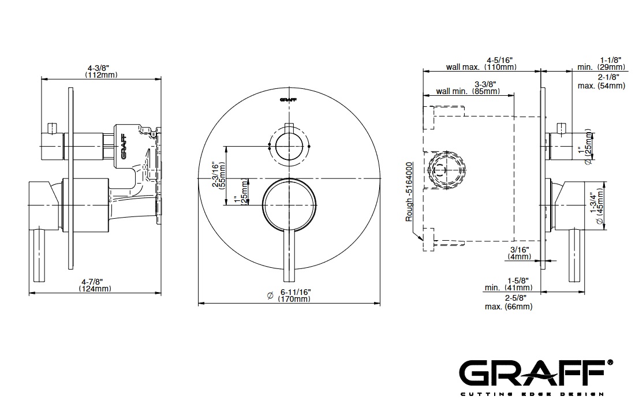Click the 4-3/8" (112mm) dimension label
point(101,72)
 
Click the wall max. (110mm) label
point(481,67)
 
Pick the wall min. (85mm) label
point(468,91)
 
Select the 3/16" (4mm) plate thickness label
point(520,253)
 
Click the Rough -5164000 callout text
point(409,192)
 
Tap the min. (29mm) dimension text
point(601,67)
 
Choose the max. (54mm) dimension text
point(601,86)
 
